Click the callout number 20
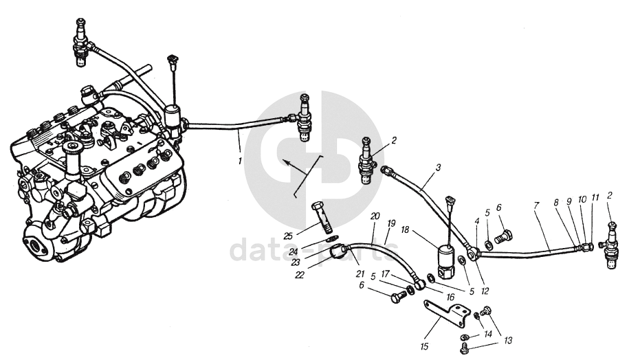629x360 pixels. click(375, 216)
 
